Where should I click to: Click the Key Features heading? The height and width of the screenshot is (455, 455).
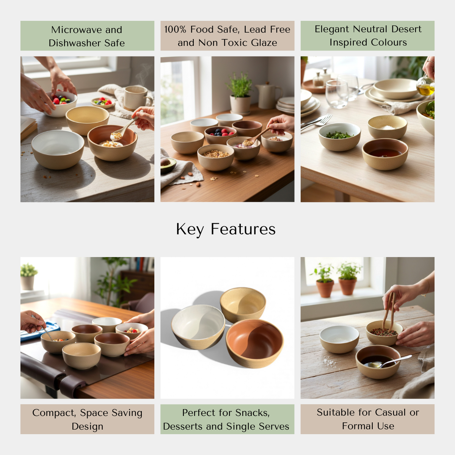coord(226,229)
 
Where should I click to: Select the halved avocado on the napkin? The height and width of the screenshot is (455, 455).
coord(168,165)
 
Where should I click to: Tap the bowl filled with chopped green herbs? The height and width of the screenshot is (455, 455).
coord(339,136)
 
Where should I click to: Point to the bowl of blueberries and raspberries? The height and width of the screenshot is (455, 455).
coord(220,135)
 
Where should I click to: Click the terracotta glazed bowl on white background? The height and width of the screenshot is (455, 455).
coord(254,343)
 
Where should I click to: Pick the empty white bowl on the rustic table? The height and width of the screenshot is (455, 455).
coord(339,339)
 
